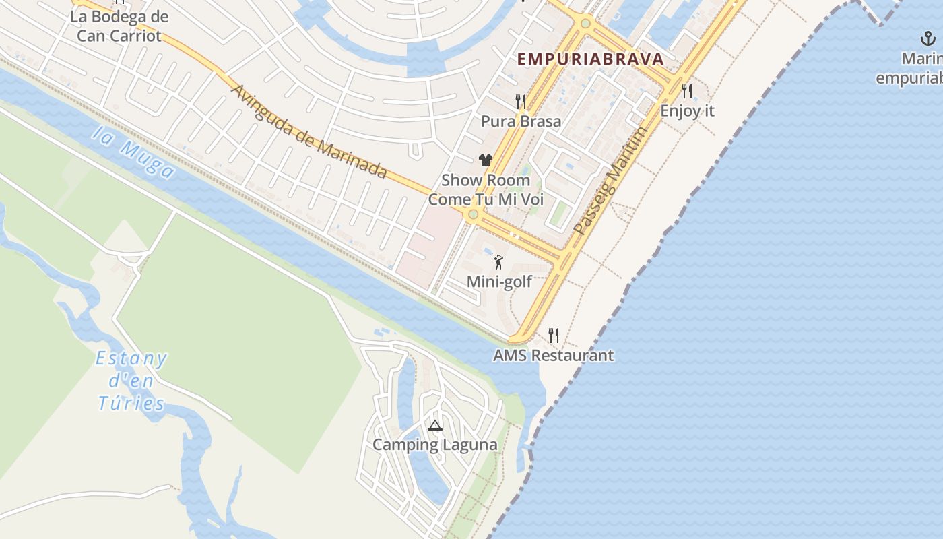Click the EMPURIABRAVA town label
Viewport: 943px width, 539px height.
pos(590,59)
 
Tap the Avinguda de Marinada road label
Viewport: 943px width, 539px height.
pos(309,132)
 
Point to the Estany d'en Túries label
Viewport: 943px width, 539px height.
pos(131,381)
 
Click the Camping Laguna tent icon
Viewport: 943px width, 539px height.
pos(435,426)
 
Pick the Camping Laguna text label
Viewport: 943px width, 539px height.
pos(435,445)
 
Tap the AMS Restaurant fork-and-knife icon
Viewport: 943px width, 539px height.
pos(554,335)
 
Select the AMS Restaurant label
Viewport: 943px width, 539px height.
pos(554,355)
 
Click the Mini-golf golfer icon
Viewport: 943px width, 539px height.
pos(499,262)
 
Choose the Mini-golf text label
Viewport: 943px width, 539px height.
pos(499,282)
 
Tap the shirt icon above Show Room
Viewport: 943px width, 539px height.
pos(486,160)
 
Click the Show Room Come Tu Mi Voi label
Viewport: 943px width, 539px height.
pos(486,190)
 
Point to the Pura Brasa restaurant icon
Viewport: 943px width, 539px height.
pos(521,102)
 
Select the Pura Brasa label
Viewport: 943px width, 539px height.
pos(521,121)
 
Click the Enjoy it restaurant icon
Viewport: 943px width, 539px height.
pos(687,91)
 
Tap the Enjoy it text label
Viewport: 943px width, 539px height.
pos(687,110)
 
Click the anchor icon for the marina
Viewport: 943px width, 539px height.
pos(928,39)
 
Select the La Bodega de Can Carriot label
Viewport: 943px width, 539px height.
pos(119,26)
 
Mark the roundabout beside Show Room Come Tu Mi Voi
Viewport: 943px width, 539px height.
pos(473,214)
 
